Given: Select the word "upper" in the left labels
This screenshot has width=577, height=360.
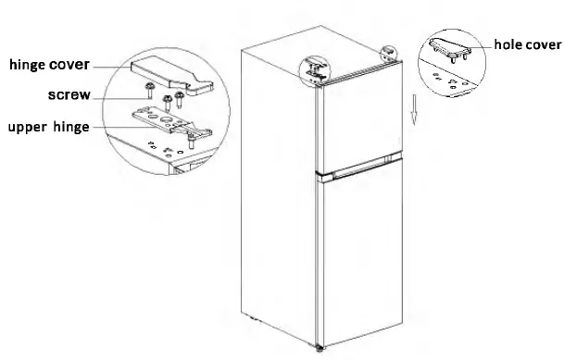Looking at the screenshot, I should [29, 128].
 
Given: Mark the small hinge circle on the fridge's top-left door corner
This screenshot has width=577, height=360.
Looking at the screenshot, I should [315, 69].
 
